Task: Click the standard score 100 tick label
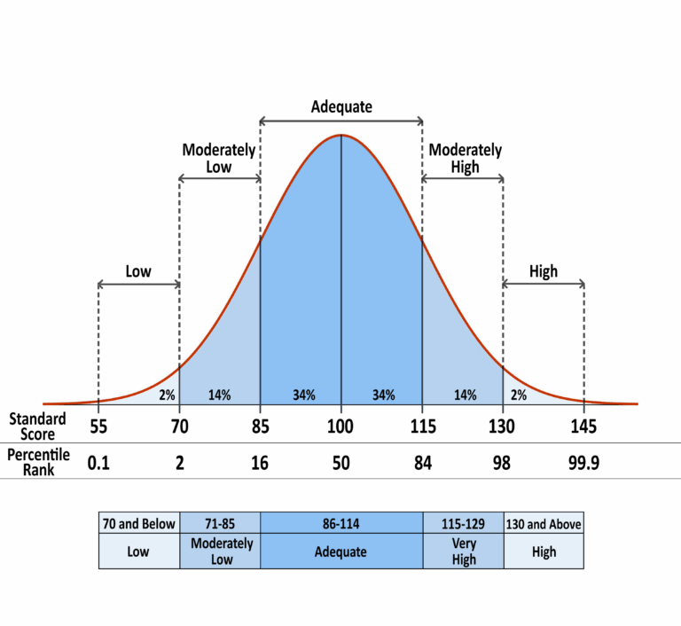pos(341,426)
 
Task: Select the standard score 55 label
pos(98,426)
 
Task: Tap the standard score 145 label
pos(584,426)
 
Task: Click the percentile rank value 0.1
pos(98,461)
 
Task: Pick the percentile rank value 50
pos(341,461)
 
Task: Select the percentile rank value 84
pos(422,461)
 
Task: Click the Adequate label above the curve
pos(341,107)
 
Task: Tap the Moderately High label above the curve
pos(465,159)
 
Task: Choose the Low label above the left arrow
pos(138,271)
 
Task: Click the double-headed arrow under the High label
pos(544,284)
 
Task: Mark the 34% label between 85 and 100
pos(301,395)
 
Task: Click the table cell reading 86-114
pos(341,524)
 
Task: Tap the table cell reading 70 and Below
pos(138,524)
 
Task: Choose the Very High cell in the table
pos(463,552)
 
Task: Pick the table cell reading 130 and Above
pos(544,524)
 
